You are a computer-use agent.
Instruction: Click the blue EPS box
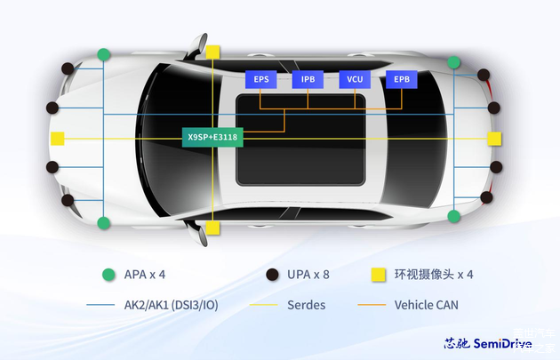click(261, 79)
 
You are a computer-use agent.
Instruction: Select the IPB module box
click(308, 79)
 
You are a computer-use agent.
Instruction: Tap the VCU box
click(355, 79)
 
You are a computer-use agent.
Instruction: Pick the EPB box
click(401, 79)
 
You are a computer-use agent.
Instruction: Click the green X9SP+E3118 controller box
click(212, 138)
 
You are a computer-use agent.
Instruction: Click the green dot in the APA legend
click(108, 274)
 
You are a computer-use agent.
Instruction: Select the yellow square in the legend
click(377, 274)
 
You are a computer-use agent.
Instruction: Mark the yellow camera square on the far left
click(58, 139)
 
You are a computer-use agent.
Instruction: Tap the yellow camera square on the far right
click(494, 139)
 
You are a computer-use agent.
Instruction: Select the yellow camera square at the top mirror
click(212, 52)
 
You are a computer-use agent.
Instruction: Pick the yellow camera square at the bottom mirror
click(212, 228)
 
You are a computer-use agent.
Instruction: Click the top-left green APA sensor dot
click(104, 54)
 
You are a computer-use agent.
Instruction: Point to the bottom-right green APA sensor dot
click(454, 216)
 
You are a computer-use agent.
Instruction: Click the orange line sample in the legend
click(371, 305)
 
